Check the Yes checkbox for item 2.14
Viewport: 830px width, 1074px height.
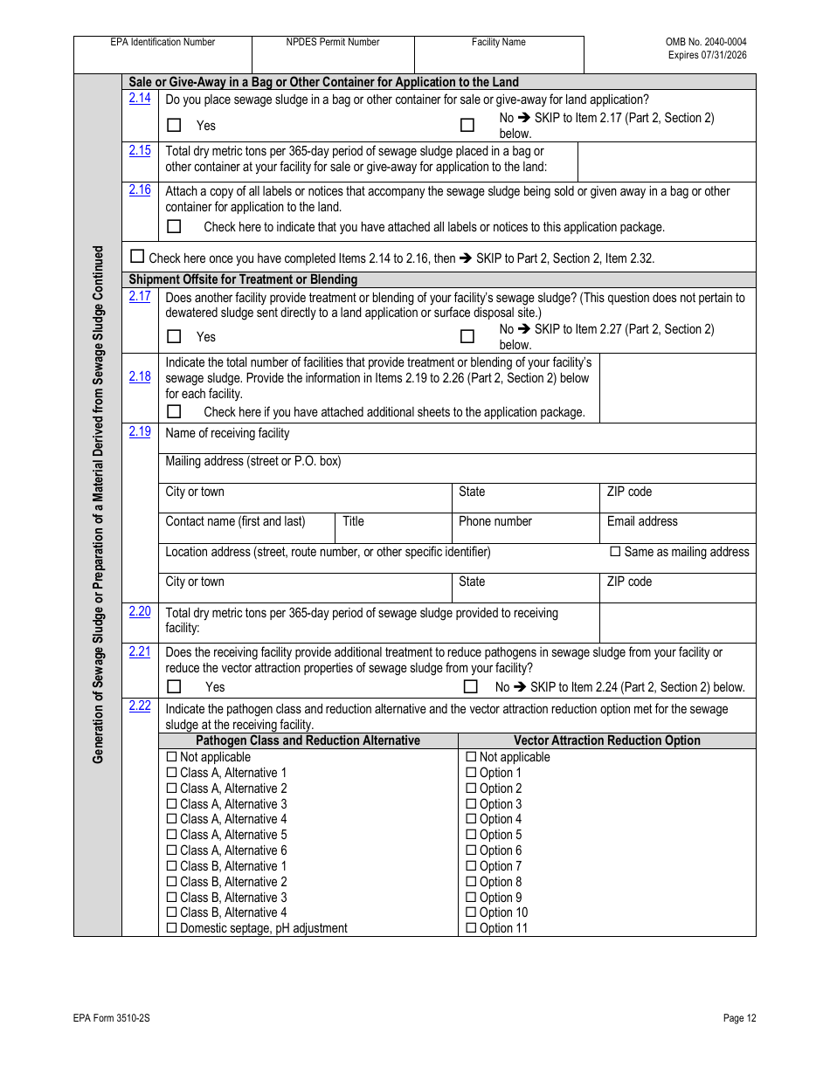(x=174, y=125)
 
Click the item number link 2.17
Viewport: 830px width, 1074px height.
(x=140, y=296)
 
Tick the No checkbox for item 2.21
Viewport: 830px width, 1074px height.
(x=471, y=686)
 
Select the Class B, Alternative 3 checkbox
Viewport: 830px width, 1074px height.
(x=172, y=898)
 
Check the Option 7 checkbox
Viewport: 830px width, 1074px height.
(x=472, y=866)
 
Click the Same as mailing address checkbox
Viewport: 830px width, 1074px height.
(x=615, y=552)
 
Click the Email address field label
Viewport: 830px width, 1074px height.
(x=642, y=521)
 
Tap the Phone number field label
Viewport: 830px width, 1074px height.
(x=495, y=521)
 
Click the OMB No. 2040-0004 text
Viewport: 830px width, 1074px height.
(x=706, y=42)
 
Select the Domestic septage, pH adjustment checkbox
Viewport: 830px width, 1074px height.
(x=172, y=928)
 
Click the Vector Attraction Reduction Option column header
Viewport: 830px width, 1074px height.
(x=606, y=740)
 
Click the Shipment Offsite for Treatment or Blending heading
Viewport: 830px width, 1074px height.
(x=243, y=279)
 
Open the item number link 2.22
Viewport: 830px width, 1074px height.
(x=140, y=706)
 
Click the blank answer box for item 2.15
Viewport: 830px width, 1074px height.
(x=666, y=162)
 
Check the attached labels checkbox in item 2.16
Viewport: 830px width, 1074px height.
(x=174, y=226)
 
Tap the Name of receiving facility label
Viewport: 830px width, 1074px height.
(x=227, y=433)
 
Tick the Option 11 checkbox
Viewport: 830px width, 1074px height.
(x=472, y=928)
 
